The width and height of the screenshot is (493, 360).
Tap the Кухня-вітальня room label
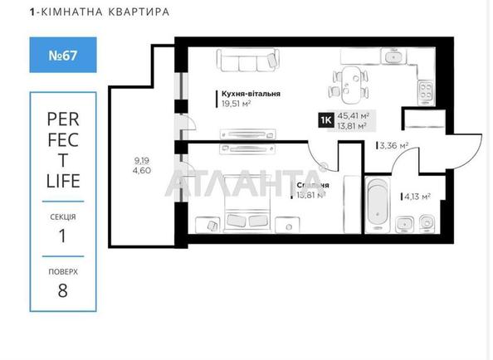click(x=250, y=94)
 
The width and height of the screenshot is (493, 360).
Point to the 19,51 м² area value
click(x=236, y=105)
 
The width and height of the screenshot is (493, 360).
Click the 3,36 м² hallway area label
click(x=393, y=146)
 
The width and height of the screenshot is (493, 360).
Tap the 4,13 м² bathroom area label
click(x=416, y=197)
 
